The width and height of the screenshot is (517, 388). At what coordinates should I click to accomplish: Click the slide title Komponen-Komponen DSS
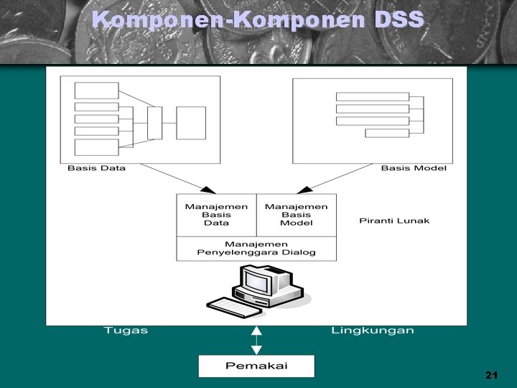(258, 19)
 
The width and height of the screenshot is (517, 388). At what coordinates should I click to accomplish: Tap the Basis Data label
(96, 168)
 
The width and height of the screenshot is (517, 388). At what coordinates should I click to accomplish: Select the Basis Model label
(413, 168)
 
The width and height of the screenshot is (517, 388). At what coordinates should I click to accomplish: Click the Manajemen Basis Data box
(216, 214)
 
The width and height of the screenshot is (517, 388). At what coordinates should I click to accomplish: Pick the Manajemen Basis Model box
(296, 214)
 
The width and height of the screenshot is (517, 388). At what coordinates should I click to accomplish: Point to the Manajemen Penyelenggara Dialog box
(256, 248)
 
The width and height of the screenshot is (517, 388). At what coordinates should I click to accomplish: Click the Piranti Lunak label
(394, 220)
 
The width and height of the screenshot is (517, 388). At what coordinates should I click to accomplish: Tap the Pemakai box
(256, 366)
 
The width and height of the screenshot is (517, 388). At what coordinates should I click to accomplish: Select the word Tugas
(126, 331)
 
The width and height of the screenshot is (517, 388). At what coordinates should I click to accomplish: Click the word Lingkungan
(373, 331)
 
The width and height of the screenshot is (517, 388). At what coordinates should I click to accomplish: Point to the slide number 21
(491, 375)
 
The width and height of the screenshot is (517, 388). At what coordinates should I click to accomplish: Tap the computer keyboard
(234, 307)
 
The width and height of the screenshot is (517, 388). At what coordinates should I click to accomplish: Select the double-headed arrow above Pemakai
(256, 340)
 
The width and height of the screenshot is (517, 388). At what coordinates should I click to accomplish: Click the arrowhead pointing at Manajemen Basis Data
(208, 190)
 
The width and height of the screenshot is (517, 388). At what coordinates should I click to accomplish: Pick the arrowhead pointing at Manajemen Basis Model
(305, 190)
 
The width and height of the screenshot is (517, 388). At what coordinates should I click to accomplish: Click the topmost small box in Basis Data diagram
(96, 91)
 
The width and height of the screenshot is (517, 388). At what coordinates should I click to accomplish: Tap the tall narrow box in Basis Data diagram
(154, 123)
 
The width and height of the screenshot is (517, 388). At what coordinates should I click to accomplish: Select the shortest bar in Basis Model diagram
(387, 133)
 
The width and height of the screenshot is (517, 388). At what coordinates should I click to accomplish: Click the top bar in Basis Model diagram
(372, 97)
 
